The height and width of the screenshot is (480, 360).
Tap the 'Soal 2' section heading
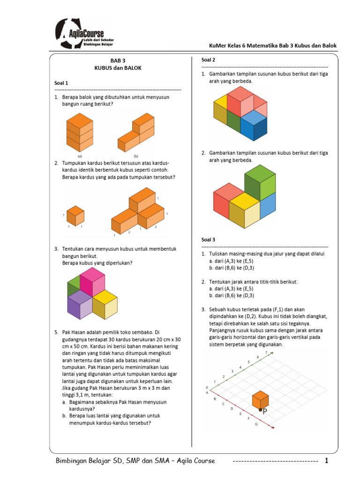tap(209, 60)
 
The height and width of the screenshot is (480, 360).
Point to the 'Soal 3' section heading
tap(209, 240)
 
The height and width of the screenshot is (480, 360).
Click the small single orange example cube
tap(75, 215)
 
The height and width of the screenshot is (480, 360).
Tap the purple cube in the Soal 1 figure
tap(80, 305)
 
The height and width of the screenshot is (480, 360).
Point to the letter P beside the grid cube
tap(265, 412)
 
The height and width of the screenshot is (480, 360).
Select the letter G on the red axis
tap(256, 424)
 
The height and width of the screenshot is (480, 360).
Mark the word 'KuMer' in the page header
tap(217, 45)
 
